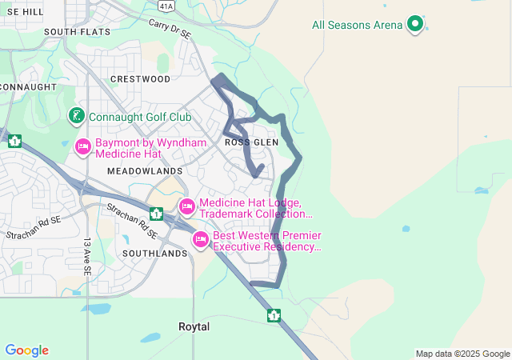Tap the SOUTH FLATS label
[77, 32]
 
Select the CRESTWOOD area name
[140, 79]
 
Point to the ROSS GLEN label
[251, 142]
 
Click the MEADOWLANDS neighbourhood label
[145, 171]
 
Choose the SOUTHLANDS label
[154, 253]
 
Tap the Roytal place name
[194, 327]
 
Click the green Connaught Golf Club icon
[76, 117]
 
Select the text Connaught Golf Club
[140, 117]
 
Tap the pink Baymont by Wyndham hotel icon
[83, 146]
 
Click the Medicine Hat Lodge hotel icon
[186, 208]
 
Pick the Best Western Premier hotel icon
[201, 239]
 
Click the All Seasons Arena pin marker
[414, 24]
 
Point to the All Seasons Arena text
[357, 25]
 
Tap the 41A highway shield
[166, 6]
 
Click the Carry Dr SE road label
[170, 30]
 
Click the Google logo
[26, 350]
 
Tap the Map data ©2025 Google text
[462, 354]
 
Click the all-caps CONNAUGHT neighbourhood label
[28, 86]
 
